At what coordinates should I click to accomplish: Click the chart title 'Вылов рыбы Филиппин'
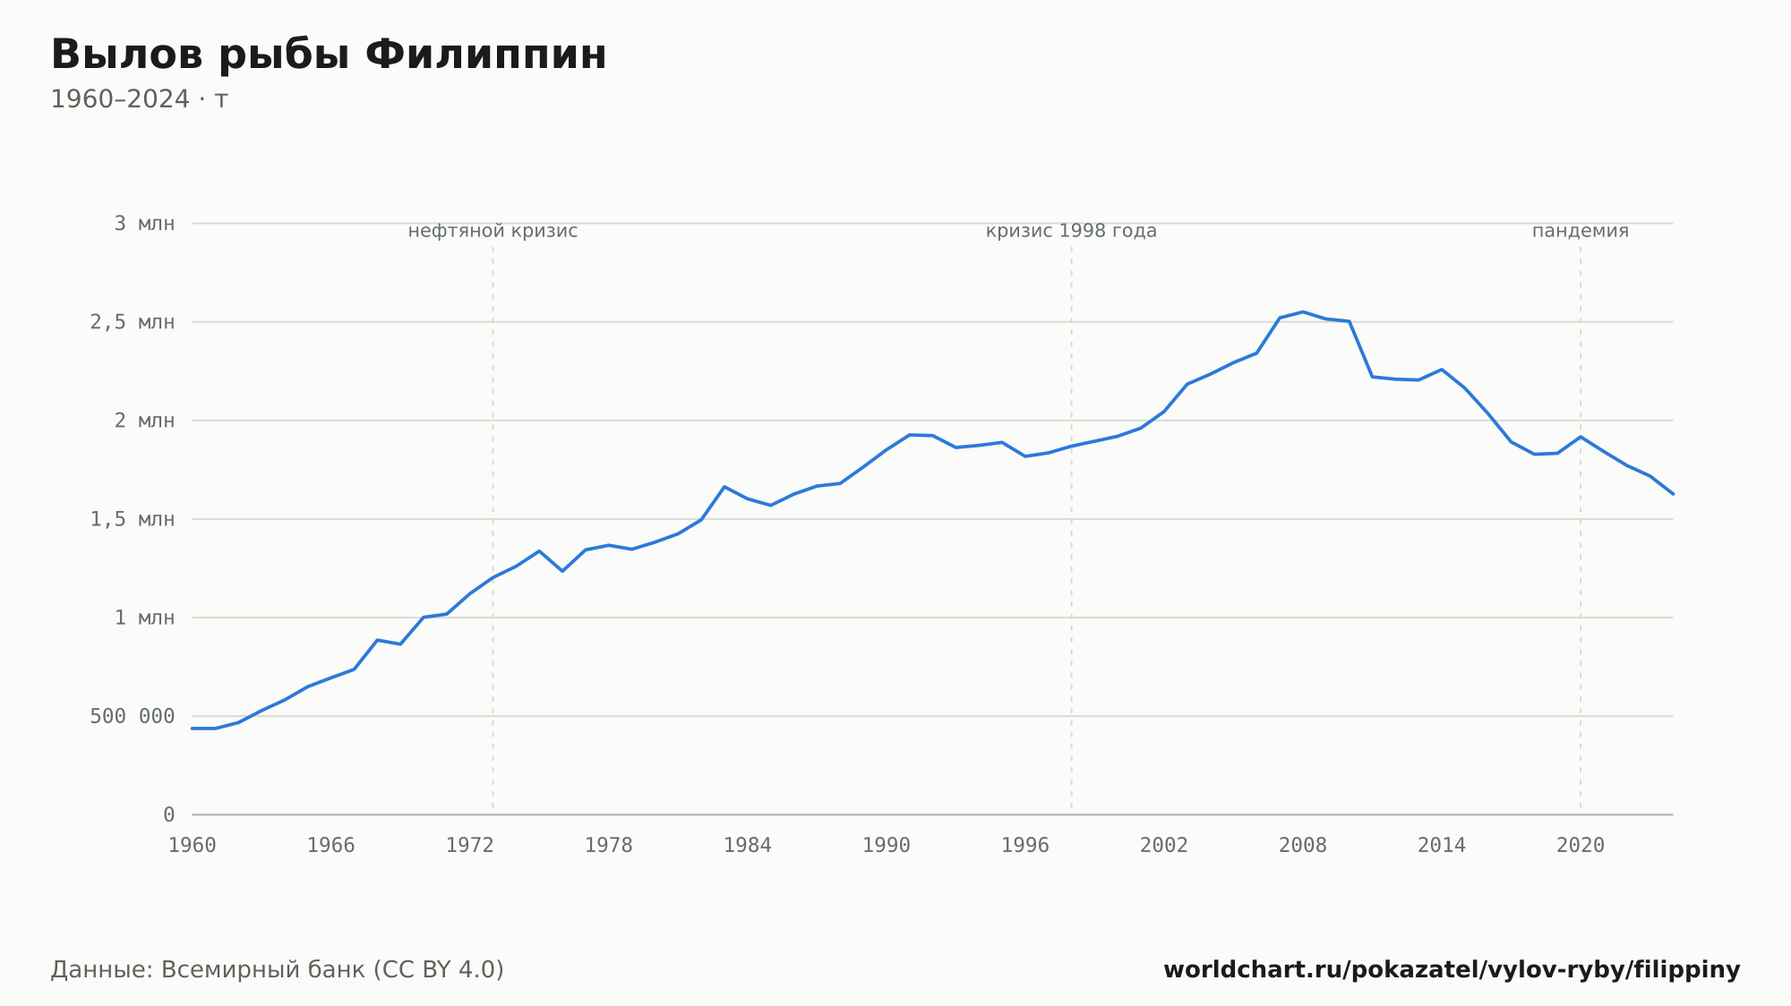click(x=329, y=55)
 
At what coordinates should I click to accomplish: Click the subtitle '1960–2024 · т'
click(x=139, y=99)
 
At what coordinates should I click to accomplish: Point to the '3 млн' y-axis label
click(x=144, y=224)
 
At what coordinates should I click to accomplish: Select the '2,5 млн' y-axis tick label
click(x=133, y=322)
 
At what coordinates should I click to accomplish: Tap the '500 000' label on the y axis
click(x=133, y=716)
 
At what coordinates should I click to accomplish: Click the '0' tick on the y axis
click(x=169, y=814)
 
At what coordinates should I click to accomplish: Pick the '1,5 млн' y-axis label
click(x=133, y=519)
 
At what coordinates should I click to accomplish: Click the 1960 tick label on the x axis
click(x=193, y=846)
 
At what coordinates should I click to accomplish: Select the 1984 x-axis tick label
click(x=748, y=846)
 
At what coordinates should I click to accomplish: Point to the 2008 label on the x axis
click(x=1303, y=846)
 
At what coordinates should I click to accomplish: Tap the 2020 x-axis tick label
click(x=1581, y=846)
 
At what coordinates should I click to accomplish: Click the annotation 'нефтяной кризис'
click(x=493, y=231)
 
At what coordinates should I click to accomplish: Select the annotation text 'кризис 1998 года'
click(x=1071, y=231)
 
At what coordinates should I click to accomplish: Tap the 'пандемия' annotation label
click(x=1581, y=231)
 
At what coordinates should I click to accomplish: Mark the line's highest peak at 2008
click(x=1303, y=311)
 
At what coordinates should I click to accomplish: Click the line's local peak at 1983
click(x=724, y=487)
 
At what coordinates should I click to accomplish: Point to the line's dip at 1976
click(x=562, y=571)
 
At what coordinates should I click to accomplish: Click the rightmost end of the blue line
click(x=1673, y=494)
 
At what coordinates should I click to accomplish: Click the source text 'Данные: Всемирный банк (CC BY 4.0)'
click(x=278, y=970)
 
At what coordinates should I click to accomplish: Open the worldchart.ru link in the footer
click(x=1452, y=970)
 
